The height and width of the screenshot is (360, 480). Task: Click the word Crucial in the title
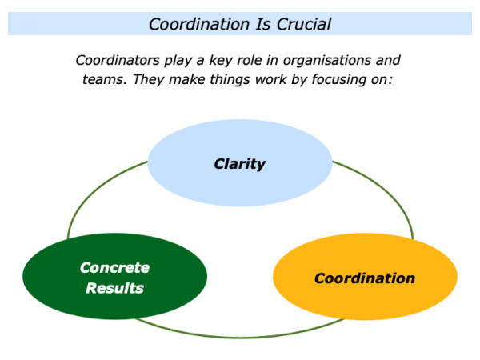tap(302, 24)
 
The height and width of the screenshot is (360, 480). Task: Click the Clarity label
tap(239, 165)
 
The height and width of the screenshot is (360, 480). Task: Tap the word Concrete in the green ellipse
tap(114, 267)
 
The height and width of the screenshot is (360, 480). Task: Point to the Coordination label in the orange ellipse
tap(365, 278)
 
